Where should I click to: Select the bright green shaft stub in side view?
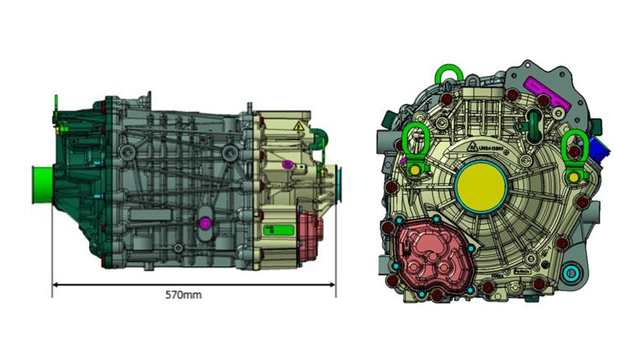42,185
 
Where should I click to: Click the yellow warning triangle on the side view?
298,127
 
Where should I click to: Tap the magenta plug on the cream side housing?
288,163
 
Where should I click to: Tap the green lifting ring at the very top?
447,75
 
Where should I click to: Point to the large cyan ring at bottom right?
572,272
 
